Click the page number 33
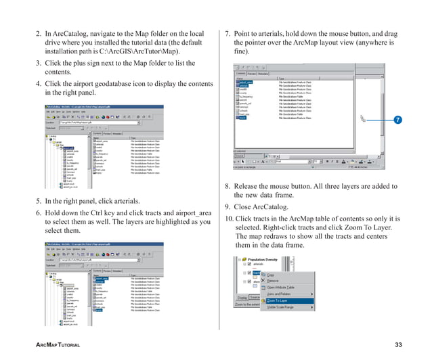(x=398, y=346)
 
